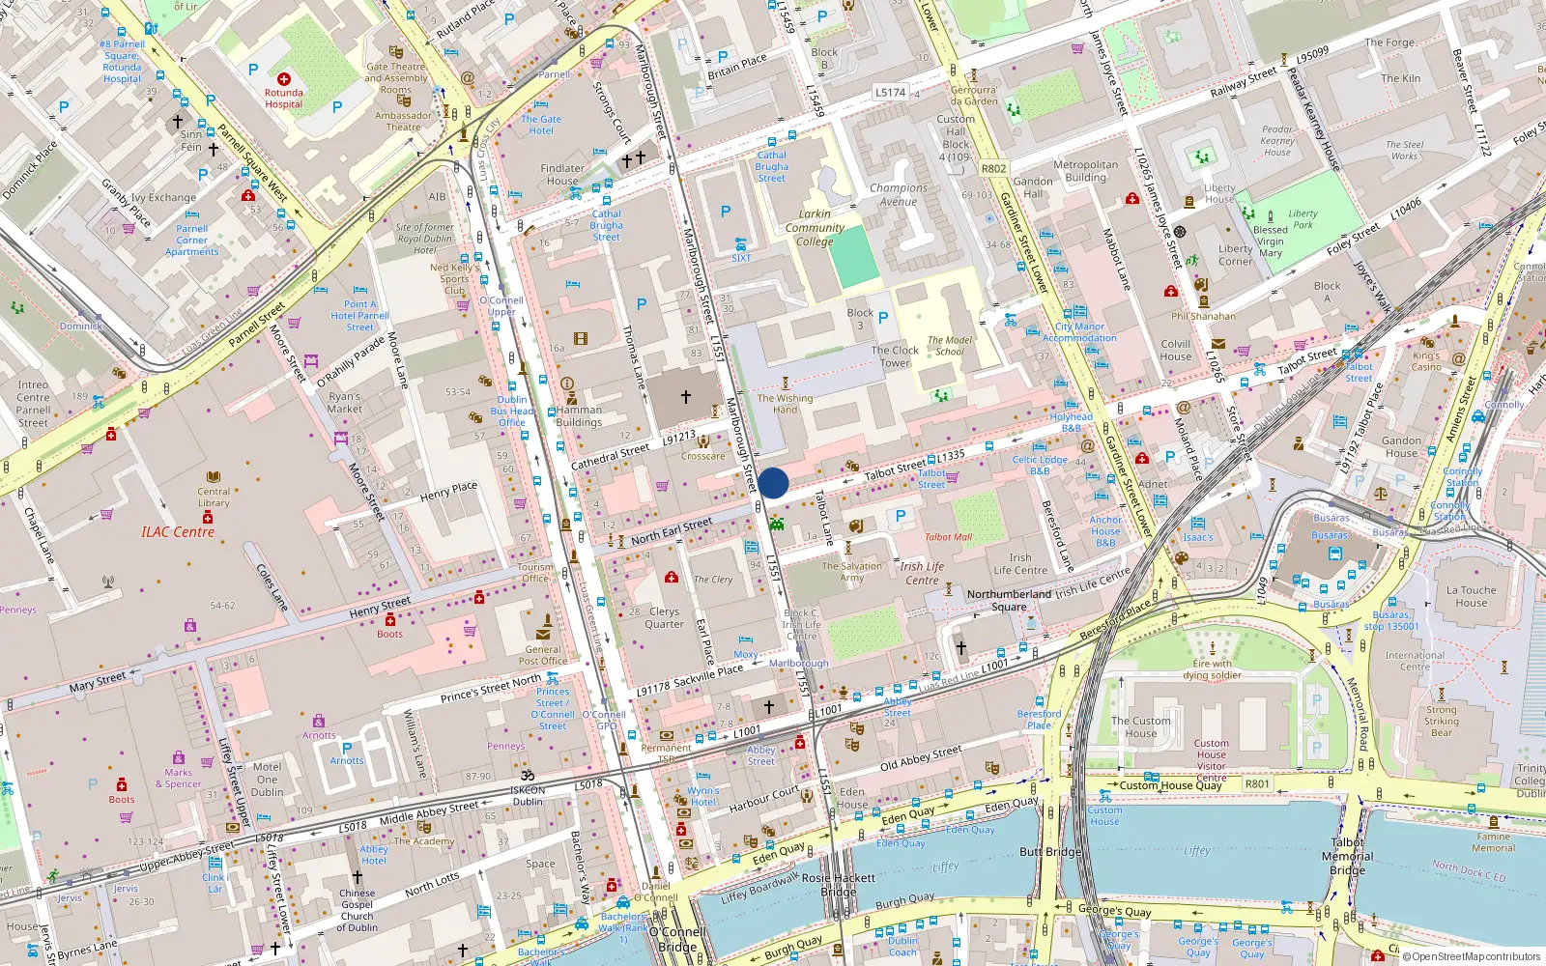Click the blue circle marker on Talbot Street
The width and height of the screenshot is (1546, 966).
[x=773, y=483]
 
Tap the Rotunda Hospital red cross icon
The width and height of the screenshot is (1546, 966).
[x=283, y=79]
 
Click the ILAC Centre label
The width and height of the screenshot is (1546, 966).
[x=178, y=532]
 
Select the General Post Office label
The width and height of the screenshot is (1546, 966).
[x=543, y=655]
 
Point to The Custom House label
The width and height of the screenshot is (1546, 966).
[x=1140, y=726]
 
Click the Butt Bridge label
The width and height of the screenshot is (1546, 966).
[x=1050, y=852]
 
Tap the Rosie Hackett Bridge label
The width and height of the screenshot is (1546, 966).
[x=839, y=885]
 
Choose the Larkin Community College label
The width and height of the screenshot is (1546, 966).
[x=815, y=228]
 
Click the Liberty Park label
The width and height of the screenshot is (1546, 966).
[x=1303, y=219]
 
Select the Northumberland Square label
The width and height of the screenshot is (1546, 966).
[x=1009, y=600]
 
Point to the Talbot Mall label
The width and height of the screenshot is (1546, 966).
[x=948, y=537]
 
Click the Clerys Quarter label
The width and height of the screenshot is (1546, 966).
[x=664, y=617]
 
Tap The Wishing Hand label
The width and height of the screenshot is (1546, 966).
[x=785, y=404]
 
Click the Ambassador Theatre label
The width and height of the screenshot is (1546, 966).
[x=403, y=121]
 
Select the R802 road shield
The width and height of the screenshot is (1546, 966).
[x=993, y=168]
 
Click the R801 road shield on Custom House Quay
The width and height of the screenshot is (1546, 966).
[x=1257, y=783]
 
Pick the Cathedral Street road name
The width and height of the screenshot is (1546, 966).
[x=611, y=457]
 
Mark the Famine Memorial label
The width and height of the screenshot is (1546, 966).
[x=1493, y=842]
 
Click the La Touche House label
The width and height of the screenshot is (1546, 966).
[x=1471, y=596]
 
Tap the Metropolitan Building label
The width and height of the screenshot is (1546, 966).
[x=1085, y=171]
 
